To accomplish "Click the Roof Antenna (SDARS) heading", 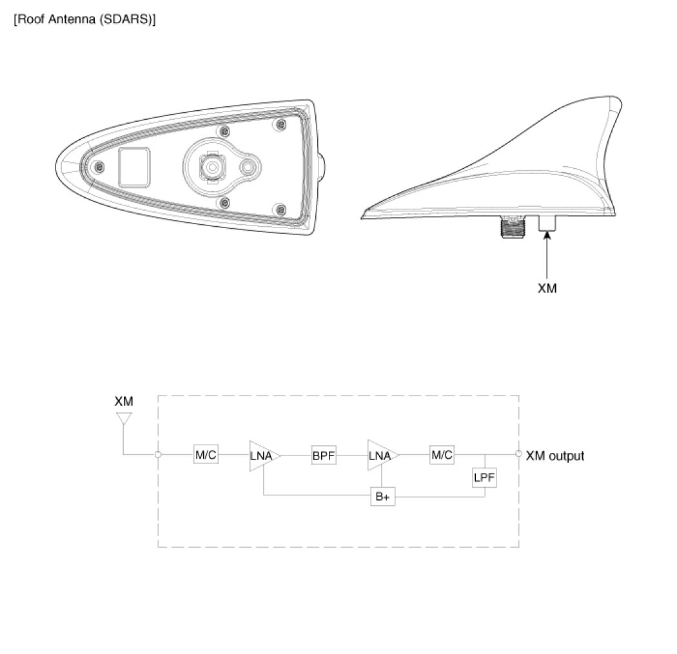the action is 84,19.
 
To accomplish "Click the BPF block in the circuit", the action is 324,455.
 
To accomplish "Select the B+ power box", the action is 382,497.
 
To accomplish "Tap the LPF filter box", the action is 486,478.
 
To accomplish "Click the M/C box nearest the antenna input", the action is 206,455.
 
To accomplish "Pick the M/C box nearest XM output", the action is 442,455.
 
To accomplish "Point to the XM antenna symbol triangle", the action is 123,419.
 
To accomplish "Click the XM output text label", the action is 555,456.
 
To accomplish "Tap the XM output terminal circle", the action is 519,455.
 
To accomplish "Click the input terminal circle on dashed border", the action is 159,455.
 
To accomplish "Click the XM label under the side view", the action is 547,288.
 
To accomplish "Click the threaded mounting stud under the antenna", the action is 509,225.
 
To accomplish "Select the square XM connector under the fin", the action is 547,222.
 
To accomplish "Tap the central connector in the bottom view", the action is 211,167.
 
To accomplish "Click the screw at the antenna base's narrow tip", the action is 97,168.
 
